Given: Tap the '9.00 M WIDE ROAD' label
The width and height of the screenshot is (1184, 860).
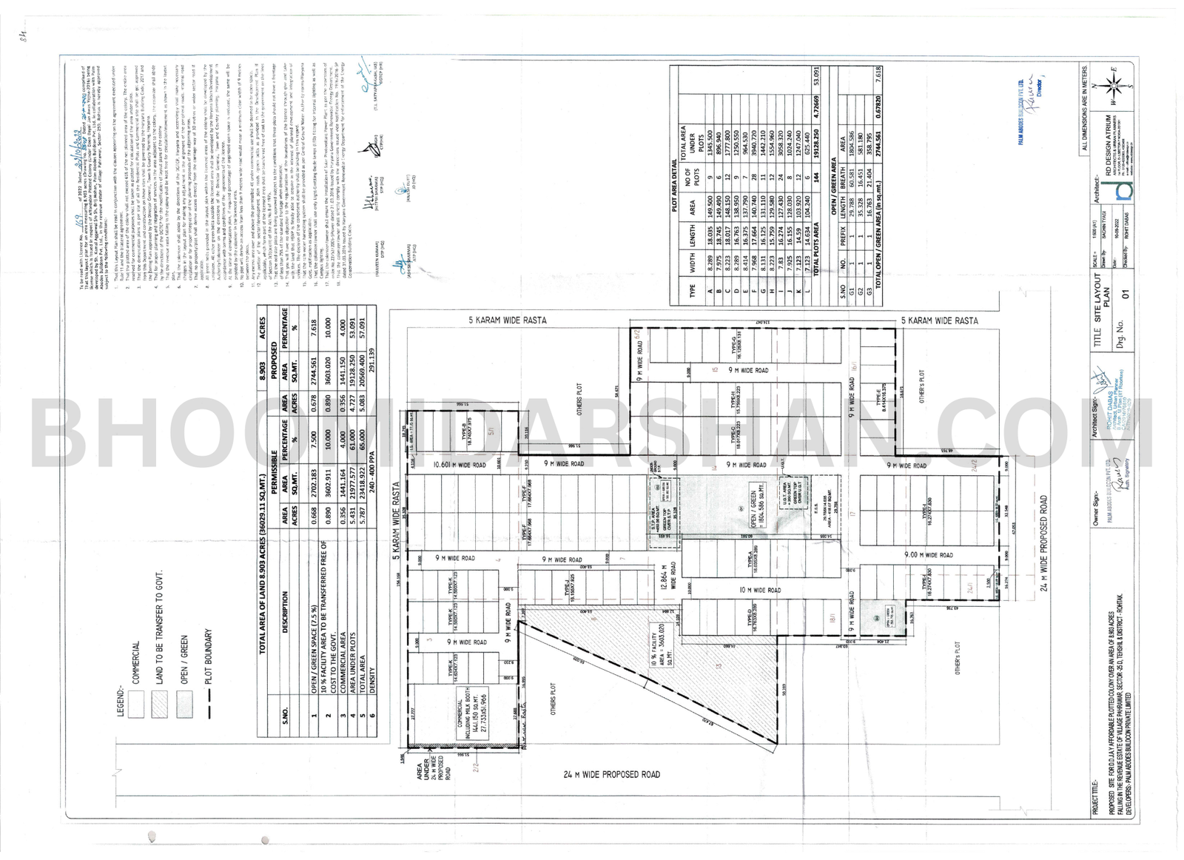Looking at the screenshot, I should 928,555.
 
